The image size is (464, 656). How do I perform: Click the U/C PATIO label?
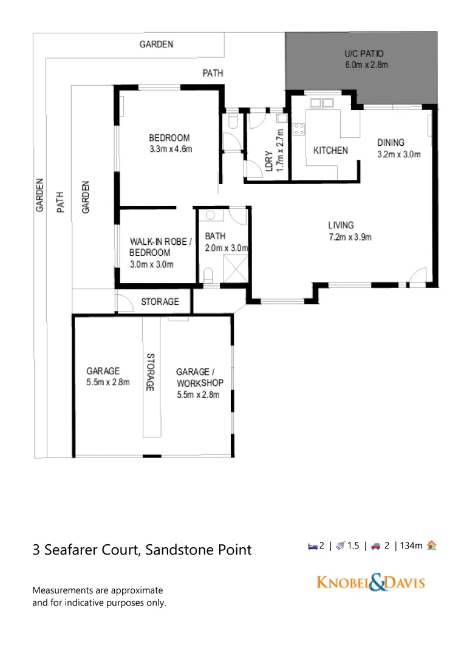point(364,53)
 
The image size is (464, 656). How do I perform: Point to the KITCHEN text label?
point(330,150)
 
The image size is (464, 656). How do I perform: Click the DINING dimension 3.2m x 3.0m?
point(399,154)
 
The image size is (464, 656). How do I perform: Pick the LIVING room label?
point(341,225)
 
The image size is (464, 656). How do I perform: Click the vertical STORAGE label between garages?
point(151,372)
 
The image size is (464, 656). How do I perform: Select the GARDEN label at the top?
point(156,44)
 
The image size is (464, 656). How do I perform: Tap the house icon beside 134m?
point(431,545)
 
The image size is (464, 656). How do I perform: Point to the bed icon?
point(312,546)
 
